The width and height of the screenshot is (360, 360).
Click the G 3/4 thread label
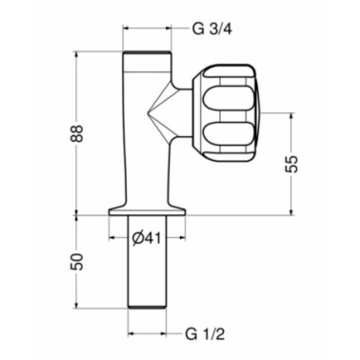pos(212,30)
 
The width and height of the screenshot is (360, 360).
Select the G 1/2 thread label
pos(205,334)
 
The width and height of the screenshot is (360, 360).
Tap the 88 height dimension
pos(77,133)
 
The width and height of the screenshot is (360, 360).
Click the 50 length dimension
pos(77,262)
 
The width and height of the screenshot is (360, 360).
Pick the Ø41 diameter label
pos(147,237)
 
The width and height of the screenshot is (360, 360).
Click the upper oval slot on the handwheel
pos(229,98)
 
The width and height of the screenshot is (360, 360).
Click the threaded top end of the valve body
pos(147,52)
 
